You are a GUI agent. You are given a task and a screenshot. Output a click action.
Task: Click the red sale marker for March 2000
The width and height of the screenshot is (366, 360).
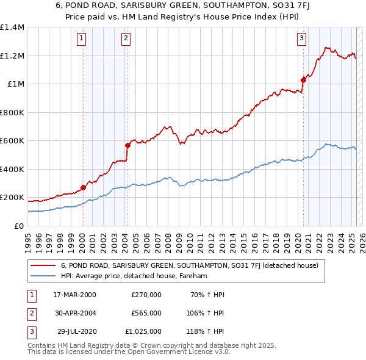pos(83,188)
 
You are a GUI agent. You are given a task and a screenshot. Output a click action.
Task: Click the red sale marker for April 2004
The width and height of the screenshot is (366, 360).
pos(127,145)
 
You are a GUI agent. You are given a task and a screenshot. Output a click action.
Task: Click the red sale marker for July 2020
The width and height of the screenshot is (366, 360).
pos(303,79)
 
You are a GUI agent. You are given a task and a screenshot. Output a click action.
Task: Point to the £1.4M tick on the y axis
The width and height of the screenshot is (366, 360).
pos(12,27)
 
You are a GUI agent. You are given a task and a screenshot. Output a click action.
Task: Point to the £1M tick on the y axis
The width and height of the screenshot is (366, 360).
pos(16,84)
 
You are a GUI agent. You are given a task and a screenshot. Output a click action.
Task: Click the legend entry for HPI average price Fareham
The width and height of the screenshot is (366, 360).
pos(134,276)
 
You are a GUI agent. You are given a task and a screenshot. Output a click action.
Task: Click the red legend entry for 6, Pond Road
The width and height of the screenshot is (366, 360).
pos(193,265)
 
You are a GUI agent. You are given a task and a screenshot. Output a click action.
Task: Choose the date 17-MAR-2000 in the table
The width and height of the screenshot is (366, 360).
pos(74,295)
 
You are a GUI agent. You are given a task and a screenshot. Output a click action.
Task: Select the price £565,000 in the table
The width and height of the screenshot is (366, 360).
pos(146,313)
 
